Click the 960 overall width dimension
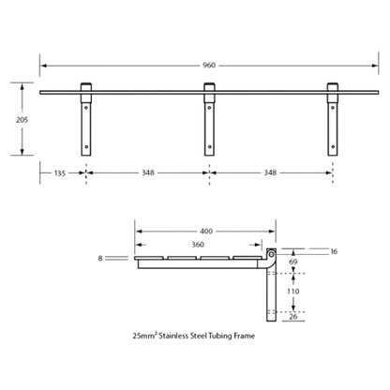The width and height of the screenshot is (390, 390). point(209,66)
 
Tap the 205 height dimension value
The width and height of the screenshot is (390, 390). point(22,120)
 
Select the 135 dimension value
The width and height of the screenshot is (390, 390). point(60,172)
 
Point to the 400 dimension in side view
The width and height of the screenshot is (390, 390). point(206,232)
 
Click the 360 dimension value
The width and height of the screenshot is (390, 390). point(198,245)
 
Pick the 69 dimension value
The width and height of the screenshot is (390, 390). point(292,262)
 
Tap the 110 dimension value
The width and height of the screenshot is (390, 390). point(293,292)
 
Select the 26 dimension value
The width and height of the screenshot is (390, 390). point(293,317)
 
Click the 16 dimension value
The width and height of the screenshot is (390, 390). point(334,251)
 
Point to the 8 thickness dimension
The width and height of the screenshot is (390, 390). point(100,259)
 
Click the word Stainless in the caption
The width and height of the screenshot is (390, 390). point(173,336)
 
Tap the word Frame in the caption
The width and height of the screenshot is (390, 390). point(245,336)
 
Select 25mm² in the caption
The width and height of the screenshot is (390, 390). point(144,336)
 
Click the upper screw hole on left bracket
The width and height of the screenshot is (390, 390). point(86,108)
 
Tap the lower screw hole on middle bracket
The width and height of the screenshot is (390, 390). point(209,146)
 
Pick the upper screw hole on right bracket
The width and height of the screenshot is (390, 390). point(333,108)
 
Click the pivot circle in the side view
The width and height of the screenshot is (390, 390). point(271,254)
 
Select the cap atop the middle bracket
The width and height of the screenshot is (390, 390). point(209,87)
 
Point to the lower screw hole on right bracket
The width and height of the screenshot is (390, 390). point(333,146)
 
